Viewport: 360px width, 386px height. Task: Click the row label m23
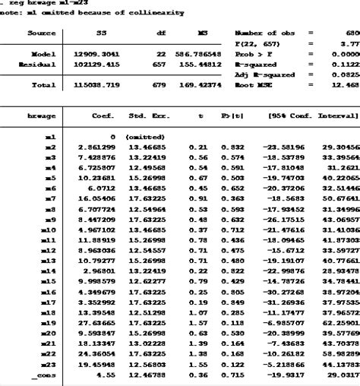47,365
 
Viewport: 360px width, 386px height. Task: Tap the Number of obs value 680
349,33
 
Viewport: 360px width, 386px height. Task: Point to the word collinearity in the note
157,12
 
